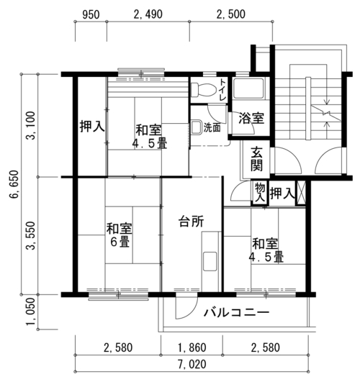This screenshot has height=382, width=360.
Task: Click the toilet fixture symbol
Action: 203,90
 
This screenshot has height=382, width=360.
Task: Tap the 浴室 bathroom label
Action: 251,118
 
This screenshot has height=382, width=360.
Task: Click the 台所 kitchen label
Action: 192,222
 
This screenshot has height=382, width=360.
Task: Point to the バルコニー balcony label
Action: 236,312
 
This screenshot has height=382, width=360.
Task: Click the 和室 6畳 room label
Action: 120,235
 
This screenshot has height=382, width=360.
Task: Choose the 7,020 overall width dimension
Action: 192,365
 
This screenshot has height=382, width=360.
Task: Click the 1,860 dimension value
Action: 192,347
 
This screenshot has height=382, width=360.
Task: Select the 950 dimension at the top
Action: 91,15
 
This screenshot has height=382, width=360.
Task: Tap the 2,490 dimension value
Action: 148,14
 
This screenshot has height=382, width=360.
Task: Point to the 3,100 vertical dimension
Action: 31,125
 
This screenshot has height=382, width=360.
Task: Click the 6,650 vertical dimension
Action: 14,184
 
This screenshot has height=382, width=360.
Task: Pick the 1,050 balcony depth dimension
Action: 31,311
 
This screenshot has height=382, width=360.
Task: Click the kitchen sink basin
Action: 210,261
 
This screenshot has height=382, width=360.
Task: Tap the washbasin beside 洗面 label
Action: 196,127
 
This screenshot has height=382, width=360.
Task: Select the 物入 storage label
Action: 260,193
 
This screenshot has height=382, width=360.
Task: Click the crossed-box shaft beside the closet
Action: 301,192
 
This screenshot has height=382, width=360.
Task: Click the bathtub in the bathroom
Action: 248,88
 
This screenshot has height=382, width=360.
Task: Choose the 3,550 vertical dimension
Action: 31,235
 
